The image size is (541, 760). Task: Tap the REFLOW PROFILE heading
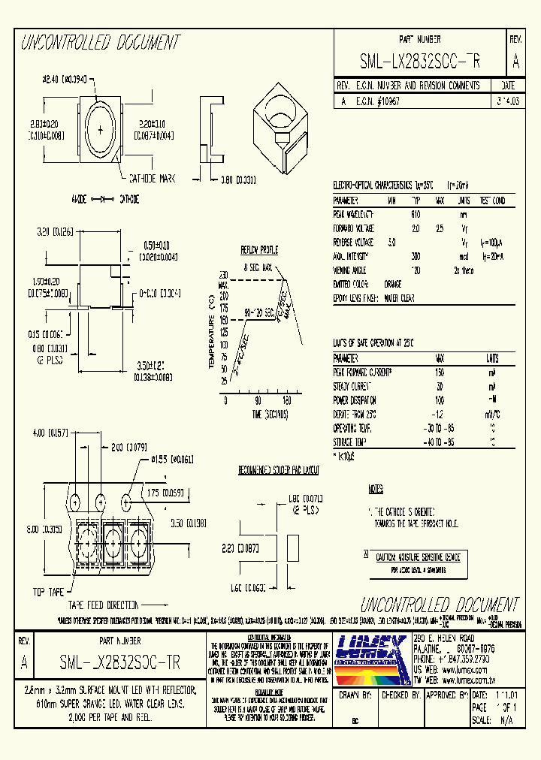258,249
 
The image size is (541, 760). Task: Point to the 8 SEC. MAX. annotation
258,267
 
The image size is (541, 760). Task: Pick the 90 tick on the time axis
258,400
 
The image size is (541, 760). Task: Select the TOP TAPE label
48,590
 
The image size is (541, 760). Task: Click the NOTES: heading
376,489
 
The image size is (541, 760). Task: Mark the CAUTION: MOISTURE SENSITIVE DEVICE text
418,556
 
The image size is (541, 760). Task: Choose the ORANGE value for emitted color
392,285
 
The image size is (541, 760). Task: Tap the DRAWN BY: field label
356,695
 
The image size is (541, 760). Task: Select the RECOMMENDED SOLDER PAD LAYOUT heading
279,470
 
